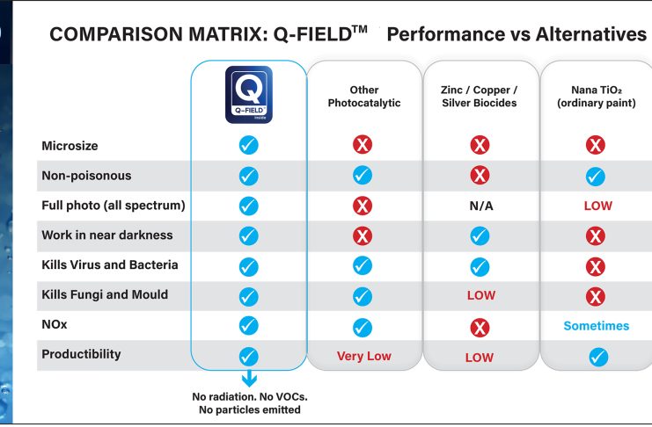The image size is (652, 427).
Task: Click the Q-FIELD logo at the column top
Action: click(249, 95)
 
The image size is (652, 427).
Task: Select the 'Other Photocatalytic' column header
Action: click(364, 97)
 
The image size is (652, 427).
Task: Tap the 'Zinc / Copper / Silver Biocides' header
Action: click(480, 97)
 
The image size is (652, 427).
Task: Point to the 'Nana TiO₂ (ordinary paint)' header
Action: click(597, 97)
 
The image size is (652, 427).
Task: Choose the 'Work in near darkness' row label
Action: click(107, 235)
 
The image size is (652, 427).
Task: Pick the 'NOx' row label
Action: click(55, 324)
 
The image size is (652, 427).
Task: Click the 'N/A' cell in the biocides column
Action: click(480, 206)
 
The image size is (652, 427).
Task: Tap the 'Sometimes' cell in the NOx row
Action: click(597, 326)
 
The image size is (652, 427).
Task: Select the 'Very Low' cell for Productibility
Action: click(364, 356)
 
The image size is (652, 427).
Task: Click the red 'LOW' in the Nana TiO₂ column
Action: click(597, 206)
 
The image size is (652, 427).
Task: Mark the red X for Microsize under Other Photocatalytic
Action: click(363, 145)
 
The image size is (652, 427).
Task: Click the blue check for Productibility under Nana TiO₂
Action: click(597, 357)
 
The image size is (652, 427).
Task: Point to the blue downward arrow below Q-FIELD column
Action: click(249, 379)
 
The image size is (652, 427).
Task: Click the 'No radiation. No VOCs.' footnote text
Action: click(249, 396)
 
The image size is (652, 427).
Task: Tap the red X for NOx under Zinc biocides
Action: click(480, 328)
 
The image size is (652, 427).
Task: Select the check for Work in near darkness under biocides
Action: click(480, 235)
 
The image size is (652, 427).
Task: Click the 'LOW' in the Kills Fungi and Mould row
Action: click(480, 295)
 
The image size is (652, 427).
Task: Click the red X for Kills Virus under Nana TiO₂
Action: click(596, 266)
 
